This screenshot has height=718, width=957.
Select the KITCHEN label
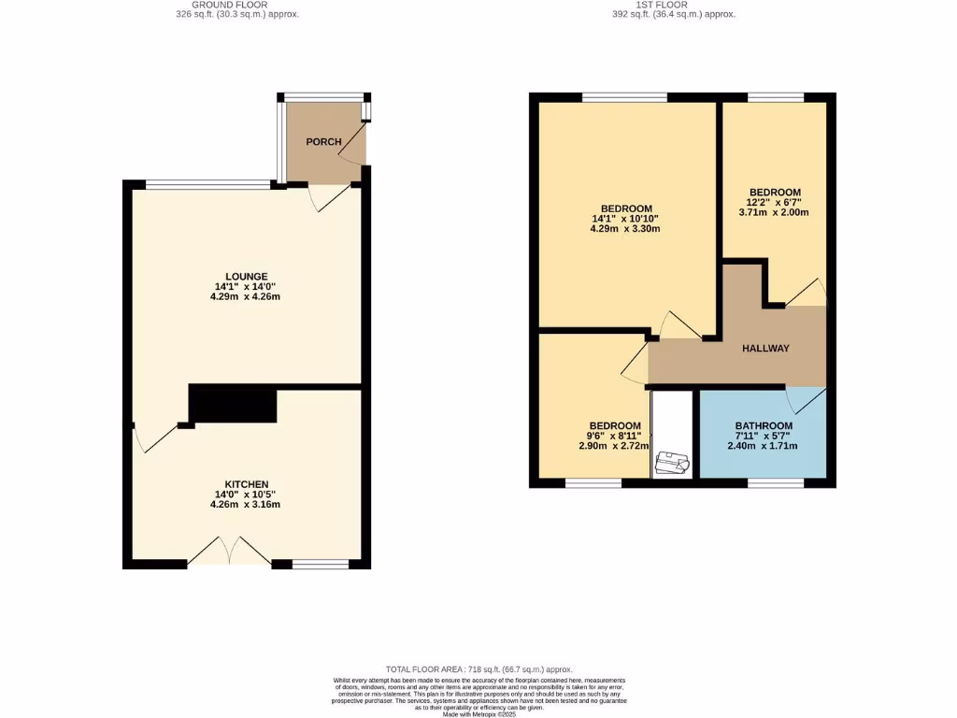pos(246,484)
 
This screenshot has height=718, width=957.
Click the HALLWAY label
pos(765,349)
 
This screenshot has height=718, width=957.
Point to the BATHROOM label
pos(763,424)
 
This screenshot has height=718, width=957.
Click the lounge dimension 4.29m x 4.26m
pos(246,297)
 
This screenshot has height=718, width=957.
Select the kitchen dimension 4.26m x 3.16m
pos(246,505)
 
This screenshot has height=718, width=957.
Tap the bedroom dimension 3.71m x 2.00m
pos(774,213)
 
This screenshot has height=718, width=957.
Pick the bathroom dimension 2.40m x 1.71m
pos(763,446)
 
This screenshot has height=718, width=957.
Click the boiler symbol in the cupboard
pos(672,463)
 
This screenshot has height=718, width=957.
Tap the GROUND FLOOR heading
pos(238,5)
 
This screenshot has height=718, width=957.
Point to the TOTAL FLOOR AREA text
pos(479,670)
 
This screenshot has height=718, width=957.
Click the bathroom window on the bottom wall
pos(775,482)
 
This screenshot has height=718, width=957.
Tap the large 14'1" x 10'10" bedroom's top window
pos(624,96)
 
